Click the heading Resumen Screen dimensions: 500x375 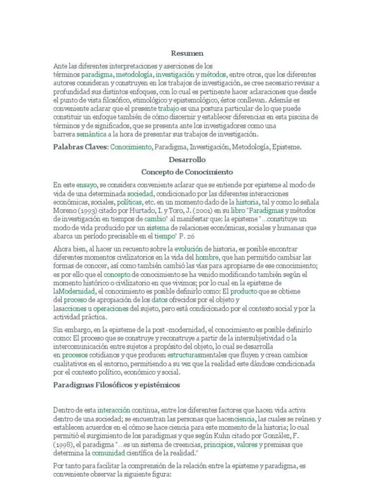187,53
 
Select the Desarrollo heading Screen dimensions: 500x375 187,160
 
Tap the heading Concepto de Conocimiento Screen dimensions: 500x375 187,172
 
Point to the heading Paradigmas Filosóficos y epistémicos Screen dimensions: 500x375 117,385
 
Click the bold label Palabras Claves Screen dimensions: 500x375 80,146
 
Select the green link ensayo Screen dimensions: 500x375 87,185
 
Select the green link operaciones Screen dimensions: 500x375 111,308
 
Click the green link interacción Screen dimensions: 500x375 114,410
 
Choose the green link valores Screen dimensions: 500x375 247,445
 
